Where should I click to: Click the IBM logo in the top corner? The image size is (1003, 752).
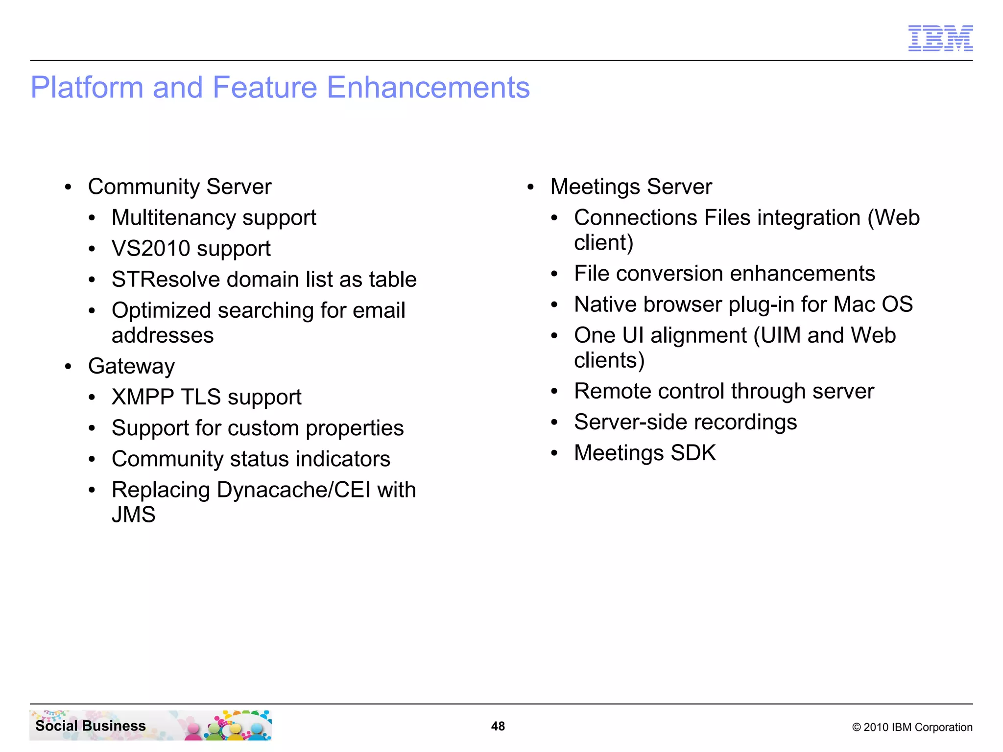940,38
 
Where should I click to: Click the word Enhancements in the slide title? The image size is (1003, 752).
428,88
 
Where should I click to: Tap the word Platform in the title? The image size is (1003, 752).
86,88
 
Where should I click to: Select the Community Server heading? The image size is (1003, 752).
179,187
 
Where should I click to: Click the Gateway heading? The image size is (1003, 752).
131,367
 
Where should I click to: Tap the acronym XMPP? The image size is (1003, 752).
143,397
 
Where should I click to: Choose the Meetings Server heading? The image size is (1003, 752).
631,187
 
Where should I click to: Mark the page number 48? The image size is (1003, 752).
498,726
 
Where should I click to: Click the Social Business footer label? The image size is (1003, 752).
91,726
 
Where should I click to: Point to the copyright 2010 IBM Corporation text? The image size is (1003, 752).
912,727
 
